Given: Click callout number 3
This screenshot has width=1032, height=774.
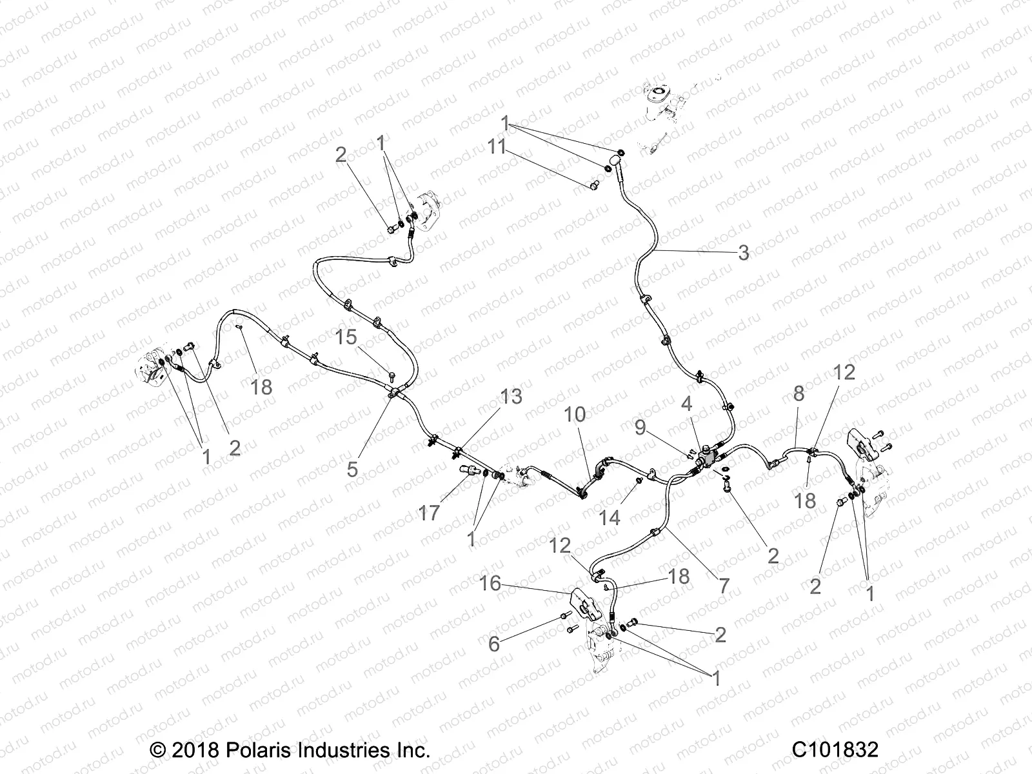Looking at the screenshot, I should point(743,252).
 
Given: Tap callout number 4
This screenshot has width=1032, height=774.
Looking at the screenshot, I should point(687,404).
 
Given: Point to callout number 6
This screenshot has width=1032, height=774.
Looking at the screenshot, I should point(494,644).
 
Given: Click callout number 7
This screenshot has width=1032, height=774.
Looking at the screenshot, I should point(724,586).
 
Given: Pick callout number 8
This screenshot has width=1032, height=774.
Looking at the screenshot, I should point(799,393).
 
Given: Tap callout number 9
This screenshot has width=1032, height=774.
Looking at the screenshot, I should point(640,428).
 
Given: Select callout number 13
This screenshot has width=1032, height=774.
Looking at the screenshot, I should point(511,397).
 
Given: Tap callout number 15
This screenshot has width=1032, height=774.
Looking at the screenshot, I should point(346,337).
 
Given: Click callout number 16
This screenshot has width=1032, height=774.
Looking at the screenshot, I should point(490,583).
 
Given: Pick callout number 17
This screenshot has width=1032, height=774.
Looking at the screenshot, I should point(429,513).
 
